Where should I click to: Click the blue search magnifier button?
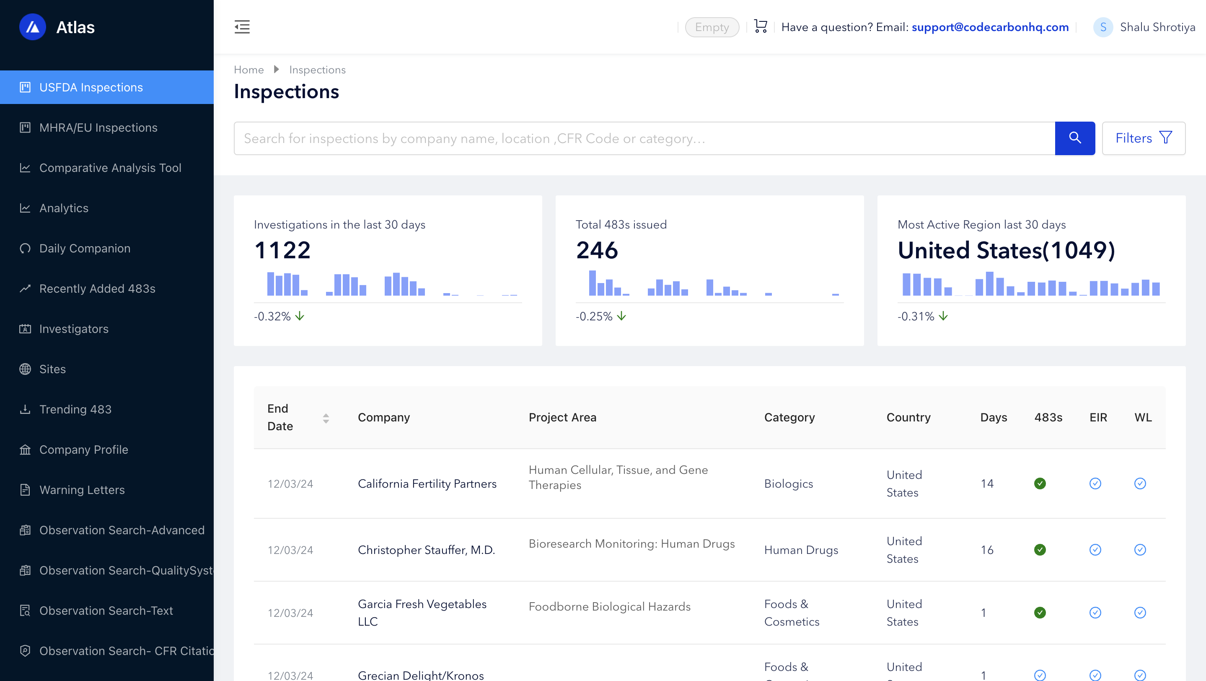[x=1074, y=138]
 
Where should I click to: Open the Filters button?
[x=1143, y=138]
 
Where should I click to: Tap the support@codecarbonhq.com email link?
[x=990, y=27]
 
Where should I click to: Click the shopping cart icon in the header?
[x=760, y=26]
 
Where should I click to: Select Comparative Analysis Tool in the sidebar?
[x=110, y=168]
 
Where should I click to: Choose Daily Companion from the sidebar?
[x=85, y=248]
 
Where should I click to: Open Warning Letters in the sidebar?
[x=82, y=490]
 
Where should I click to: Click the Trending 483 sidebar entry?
[x=75, y=409]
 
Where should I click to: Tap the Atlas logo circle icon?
[x=32, y=27]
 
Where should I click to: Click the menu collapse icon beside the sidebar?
[x=242, y=27]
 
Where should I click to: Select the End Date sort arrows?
[x=326, y=418]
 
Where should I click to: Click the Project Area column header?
[x=562, y=417]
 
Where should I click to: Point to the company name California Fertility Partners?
[x=427, y=484]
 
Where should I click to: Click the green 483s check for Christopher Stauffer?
[x=1040, y=550]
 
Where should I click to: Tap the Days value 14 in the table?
[x=987, y=484]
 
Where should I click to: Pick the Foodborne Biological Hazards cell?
[x=610, y=606]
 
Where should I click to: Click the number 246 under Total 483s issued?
[x=597, y=250]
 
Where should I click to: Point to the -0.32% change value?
[x=272, y=317]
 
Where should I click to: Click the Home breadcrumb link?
[x=248, y=70]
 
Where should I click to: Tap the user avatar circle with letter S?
[x=1103, y=27]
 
